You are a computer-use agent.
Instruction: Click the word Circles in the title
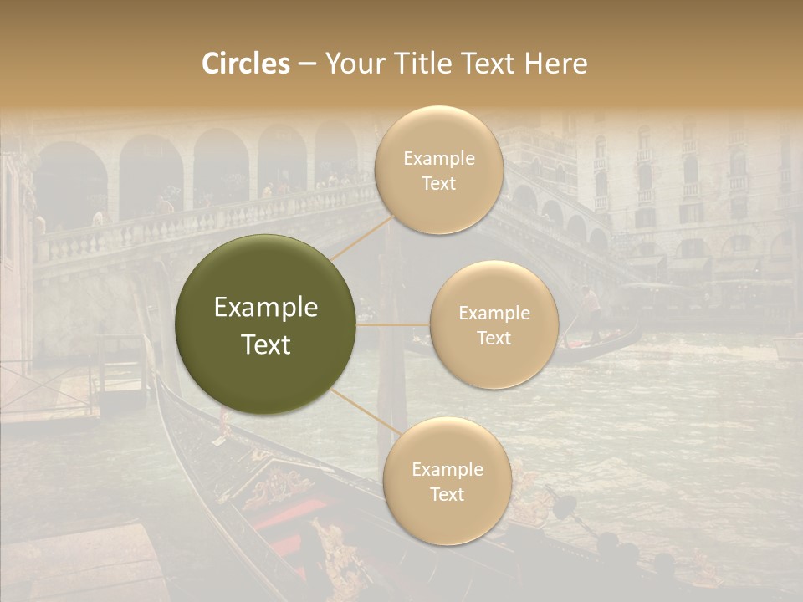point(246,64)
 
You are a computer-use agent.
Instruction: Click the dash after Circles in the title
point(307,64)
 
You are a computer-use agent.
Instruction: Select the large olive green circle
point(266,324)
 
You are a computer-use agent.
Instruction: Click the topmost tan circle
point(438,170)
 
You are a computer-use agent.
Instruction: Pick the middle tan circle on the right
point(494,324)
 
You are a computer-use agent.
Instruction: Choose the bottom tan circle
point(447,481)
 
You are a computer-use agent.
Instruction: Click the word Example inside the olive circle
point(266,308)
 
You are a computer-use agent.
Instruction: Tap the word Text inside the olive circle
point(266,344)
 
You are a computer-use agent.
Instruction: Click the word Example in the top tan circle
point(439,159)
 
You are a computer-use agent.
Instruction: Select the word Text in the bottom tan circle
point(447,494)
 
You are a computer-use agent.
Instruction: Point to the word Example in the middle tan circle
point(494,314)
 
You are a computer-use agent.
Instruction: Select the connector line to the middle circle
point(393,324)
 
